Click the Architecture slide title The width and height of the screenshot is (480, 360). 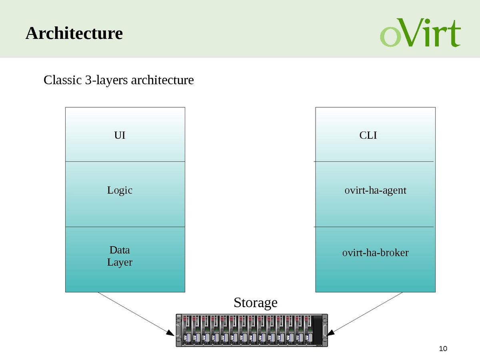(x=74, y=33)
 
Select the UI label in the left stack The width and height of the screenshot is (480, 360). (x=120, y=135)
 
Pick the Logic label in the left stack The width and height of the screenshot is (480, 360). (x=120, y=190)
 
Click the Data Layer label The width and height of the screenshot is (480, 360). (x=120, y=256)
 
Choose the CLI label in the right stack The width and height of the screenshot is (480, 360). (x=368, y=135)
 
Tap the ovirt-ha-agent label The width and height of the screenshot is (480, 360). (x=375, y=190)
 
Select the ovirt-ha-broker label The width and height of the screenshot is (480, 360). (x=375, y=253)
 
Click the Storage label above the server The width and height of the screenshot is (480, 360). (x=255, y=302)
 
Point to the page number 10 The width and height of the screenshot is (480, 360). (x=443, y=349)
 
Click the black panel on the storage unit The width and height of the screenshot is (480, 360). (x=318, y=330)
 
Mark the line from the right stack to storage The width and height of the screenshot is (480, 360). (x=368, y=312)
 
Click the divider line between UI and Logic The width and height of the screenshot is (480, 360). (x=125, y=162)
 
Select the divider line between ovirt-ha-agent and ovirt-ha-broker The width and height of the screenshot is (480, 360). (x=374, y=227)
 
